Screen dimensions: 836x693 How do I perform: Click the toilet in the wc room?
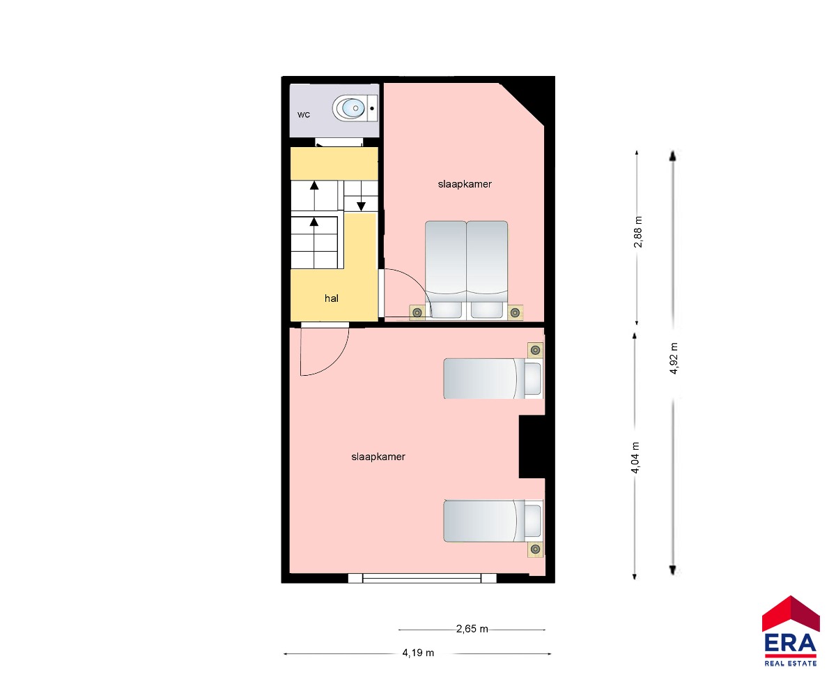[355, 108]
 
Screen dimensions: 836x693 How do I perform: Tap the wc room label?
[304, 115]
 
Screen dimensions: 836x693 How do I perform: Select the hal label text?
[332, 298]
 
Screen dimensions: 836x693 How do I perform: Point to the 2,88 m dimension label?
[638, 232]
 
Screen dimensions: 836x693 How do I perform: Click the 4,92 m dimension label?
[674, 358]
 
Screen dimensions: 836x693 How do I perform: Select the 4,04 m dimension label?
[635, 457]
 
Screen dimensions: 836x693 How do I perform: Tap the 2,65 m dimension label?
[472, 628]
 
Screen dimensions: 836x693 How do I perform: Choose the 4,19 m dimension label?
[418, 653]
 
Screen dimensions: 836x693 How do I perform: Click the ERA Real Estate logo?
[790, 632]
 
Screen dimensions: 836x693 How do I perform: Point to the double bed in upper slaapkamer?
[467, 270]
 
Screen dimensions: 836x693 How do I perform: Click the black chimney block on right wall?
[532, 446]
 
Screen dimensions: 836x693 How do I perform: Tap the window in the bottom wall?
[422, 577]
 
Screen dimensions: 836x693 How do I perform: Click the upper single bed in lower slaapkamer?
[493, 379]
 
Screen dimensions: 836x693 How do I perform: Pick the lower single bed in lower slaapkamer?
[493, 521]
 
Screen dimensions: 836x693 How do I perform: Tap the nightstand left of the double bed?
[417, 312]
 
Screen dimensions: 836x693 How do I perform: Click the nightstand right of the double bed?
[516, 312]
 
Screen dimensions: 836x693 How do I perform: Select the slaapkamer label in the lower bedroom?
[378, 457]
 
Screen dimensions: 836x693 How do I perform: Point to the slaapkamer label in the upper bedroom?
[465, 184]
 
